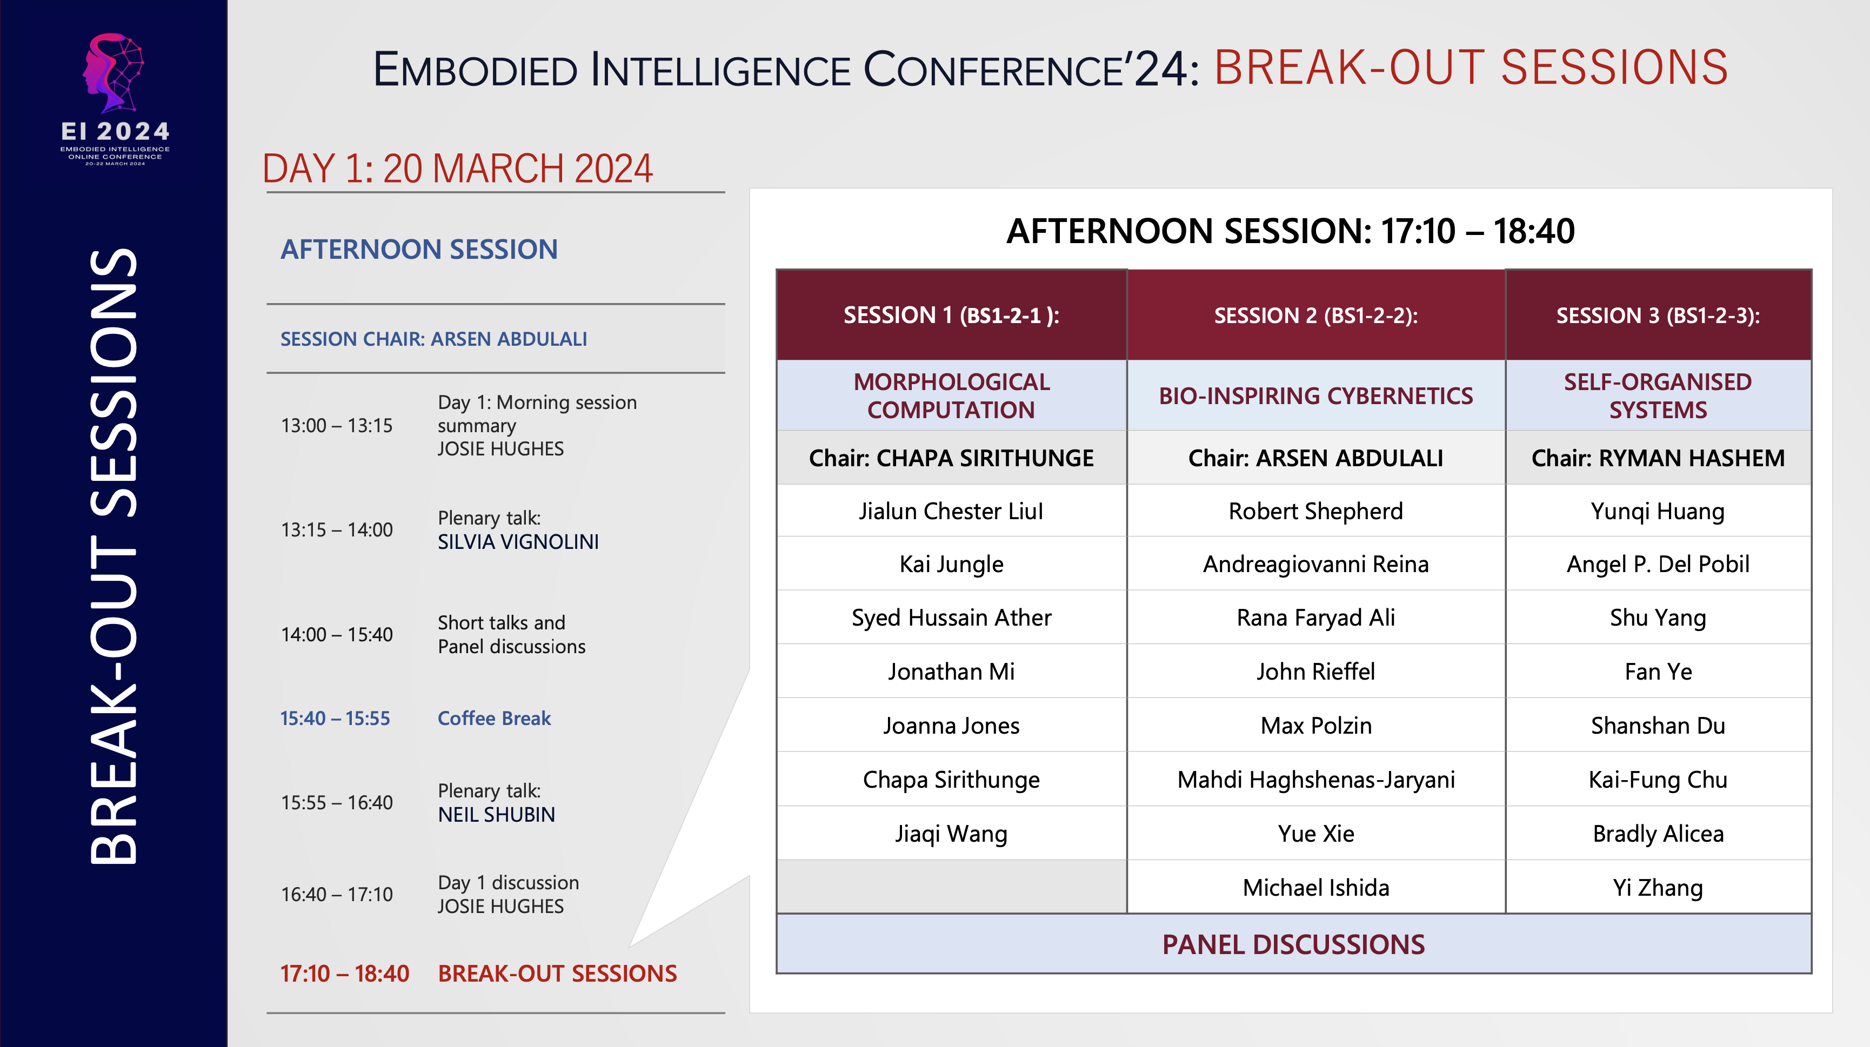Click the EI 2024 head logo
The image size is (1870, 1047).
click(x=114, y=72)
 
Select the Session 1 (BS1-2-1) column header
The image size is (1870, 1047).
click(x=951, y=316)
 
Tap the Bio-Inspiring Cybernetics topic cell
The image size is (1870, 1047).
click(x=1315, y=396)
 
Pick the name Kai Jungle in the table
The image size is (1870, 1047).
click(x=951, y=565)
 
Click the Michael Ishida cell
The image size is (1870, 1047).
click(x=1315, y=888)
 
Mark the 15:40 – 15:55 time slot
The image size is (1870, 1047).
click(x=336, y=719)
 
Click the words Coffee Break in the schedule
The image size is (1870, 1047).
click(x=495, y=719)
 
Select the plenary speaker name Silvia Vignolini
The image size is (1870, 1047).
click(x=518, y=542)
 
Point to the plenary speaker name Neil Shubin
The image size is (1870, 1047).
click(x=497, y=815)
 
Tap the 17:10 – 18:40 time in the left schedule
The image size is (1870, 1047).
click(x=345, y=974)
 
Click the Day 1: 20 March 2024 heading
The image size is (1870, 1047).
click(x=457, y=169)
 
